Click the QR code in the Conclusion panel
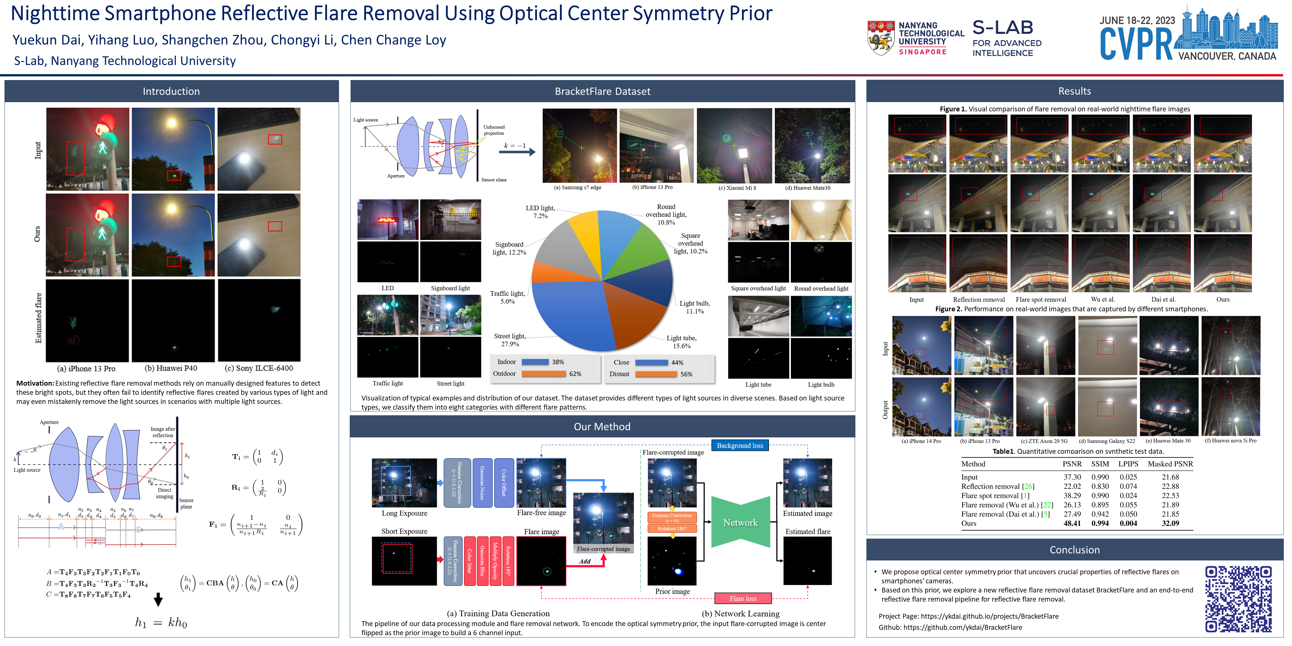coord(1238,598)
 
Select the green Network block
coord(740,522)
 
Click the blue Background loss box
coord(740,445)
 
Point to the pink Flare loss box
coord(743,598)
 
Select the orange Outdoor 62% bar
coord(544,374)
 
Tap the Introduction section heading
coord(171,91)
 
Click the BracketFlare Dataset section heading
coord(602,91)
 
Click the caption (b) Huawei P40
coord(171,368)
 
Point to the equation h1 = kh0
coord(160,622)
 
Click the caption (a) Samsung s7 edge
coord(577,188)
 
